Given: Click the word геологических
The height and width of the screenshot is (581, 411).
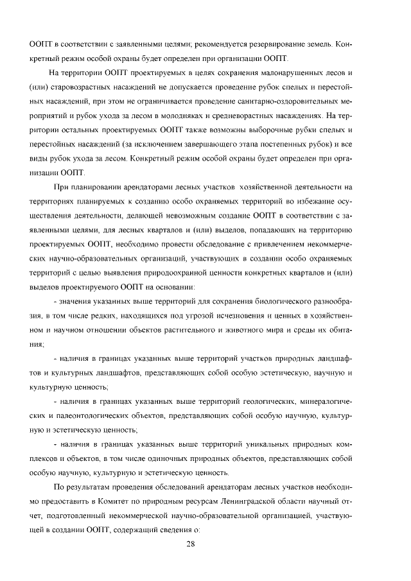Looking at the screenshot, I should coord(269,401).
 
